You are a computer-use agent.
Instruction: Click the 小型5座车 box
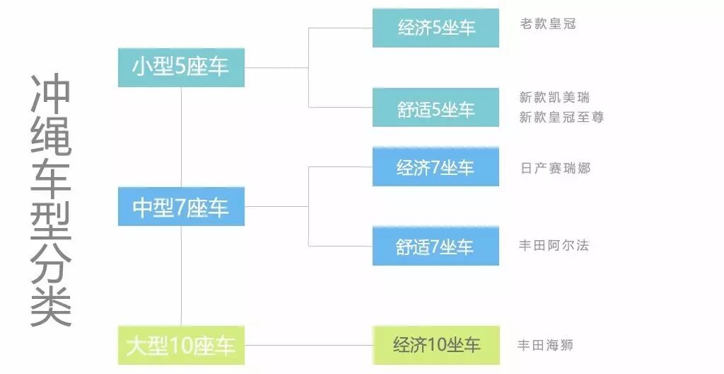tap(181, 67)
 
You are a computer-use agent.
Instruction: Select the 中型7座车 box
tap(181, 207)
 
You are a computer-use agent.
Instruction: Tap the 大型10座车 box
tap(181, 346)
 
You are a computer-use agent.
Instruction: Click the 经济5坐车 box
tap(436, 28)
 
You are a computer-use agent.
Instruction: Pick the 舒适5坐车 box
tap(436, 108)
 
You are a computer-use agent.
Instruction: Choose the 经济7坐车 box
tap(436, 167)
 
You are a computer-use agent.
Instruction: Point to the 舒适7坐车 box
tap(436, 246)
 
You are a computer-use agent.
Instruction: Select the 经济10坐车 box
tap(436, 345)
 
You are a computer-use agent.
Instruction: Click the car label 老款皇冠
tap(548, 24)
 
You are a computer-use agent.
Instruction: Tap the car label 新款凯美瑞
tap(554, 98)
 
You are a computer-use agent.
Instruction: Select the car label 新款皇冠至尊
tap(561, 118)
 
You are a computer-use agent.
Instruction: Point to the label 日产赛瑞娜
tap(554, 169)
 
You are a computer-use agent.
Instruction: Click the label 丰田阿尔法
tap(554, 246)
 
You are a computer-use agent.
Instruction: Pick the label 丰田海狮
tap(545, 346)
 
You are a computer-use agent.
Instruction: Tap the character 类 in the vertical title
tap(51, 305)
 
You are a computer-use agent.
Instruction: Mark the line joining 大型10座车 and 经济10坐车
tap(308, 346)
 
